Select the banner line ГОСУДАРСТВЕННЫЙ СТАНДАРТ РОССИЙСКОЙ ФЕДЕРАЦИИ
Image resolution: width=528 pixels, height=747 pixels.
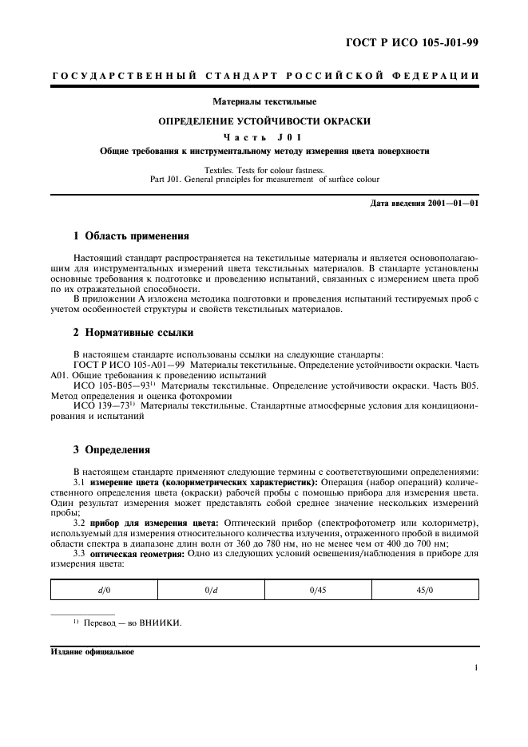coord(264,76)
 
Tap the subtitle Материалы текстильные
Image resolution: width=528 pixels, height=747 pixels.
coord(264,102)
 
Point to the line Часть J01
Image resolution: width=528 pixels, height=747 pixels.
coord(264,136)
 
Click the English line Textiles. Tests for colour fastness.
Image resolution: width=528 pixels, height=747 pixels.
coord(264,170)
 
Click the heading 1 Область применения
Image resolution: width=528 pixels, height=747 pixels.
coord(131,237)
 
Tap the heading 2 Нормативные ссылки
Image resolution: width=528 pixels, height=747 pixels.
coord(131,332)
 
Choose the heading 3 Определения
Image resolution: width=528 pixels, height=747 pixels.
coord(111,450)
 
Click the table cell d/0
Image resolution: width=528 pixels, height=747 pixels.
coord(105,589)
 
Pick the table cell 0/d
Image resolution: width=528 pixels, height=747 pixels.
coord(211,589)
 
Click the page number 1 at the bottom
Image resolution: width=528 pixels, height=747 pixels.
coord(476,669)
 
